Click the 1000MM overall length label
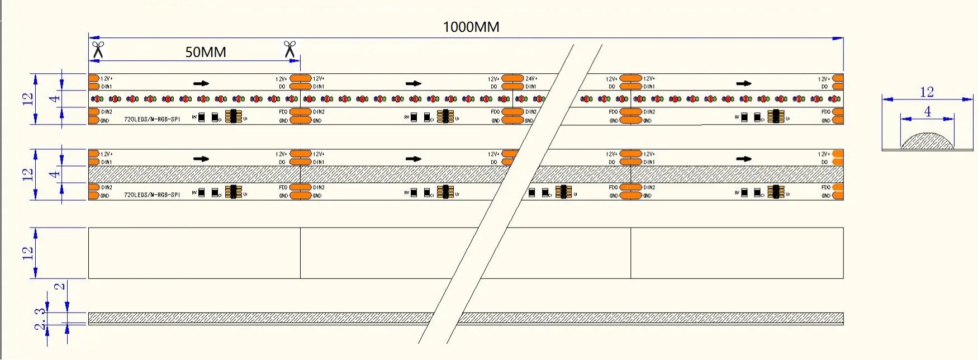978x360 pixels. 471,27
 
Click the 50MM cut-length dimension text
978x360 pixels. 206,52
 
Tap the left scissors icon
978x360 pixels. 98,49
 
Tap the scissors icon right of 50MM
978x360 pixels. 289,49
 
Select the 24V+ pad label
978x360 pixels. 531,79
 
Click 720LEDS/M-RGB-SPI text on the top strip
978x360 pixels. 152,120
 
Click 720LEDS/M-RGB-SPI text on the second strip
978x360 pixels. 152,195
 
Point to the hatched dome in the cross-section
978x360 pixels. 927,141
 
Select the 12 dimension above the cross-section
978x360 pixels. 927,92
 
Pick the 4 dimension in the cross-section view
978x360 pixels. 928,111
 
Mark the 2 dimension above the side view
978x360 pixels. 59,287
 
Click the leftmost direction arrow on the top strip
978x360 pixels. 201,83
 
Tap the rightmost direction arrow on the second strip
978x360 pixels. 743,159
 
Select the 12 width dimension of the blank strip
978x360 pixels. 27,253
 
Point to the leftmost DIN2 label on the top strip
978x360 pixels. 107,112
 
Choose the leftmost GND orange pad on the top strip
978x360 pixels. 93,120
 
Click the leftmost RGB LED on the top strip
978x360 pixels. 97,99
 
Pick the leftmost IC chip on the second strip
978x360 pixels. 233,192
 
